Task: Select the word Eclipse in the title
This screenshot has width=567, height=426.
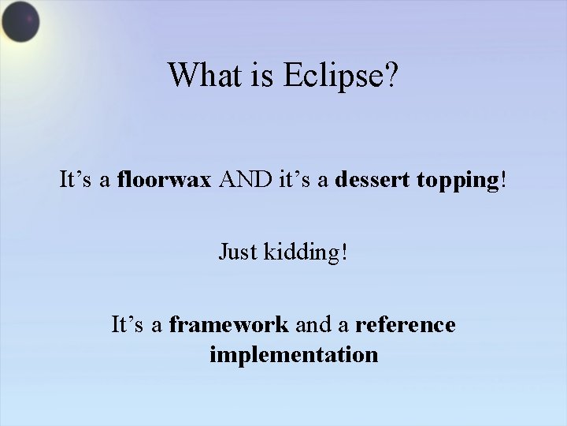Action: click(x=330, y=77)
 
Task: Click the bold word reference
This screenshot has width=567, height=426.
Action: click(x=406, y=325)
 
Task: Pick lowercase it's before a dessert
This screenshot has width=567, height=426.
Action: click(x=298, y=180)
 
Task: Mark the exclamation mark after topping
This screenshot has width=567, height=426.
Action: click(x=502, y=180)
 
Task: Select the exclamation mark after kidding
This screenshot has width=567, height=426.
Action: click(x=343, y=252)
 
